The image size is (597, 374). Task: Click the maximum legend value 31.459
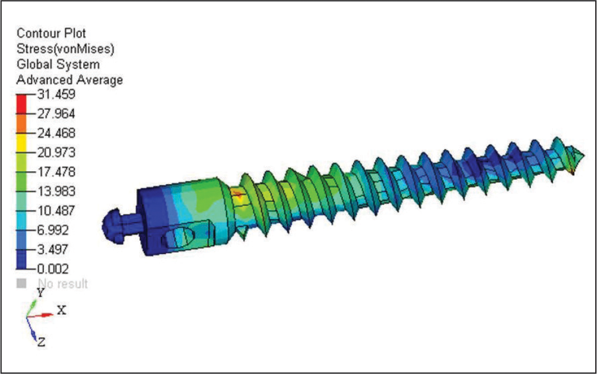click(56, 94)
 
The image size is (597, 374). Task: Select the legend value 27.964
click(56, 114)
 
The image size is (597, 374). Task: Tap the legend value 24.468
click(56, 133)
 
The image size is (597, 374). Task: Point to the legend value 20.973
click(56, 152)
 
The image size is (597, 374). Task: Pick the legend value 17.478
click(56, 172)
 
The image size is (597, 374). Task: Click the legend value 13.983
click(56, 191)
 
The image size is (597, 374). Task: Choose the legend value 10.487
click(56, 211)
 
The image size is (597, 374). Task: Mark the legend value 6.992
click(53, 230)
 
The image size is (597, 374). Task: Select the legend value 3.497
click(53, 250)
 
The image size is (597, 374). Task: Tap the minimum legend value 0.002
click(53, 269)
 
